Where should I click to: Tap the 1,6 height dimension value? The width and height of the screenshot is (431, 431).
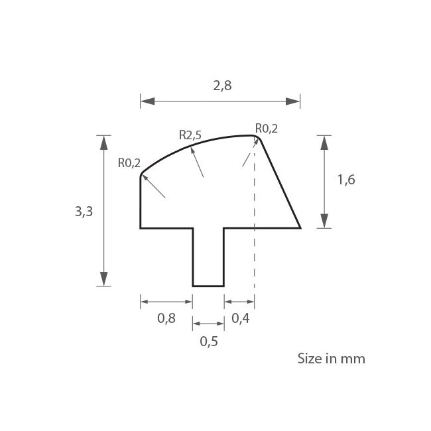346,180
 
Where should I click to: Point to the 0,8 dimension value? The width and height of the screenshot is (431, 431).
166,318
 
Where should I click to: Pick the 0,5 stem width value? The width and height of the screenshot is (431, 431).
209,341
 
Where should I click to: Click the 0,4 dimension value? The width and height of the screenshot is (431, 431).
241,318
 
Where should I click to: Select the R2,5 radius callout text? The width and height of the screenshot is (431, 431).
190,135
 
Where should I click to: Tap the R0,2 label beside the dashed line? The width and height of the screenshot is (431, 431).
267,129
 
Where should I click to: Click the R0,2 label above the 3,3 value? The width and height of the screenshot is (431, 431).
129,162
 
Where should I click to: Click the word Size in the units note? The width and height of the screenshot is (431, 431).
308,359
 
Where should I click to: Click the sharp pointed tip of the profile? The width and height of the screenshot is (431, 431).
300,227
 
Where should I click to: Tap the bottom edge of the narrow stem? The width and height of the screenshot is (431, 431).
208,286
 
